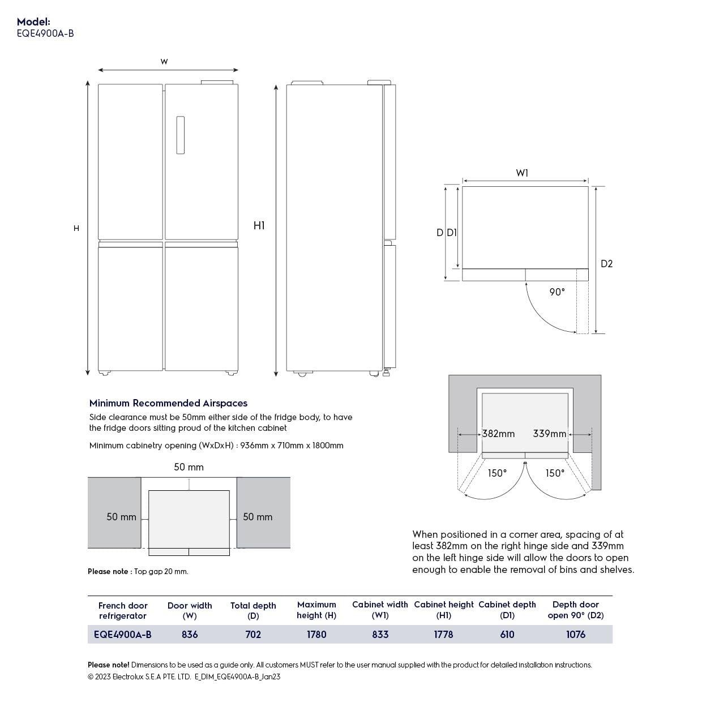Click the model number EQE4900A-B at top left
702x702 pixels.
(x=45, y=33)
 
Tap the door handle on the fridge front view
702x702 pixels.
(x=180, y=135)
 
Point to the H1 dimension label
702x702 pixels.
(x=259, y=225)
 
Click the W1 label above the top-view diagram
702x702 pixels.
(x=522, y=173)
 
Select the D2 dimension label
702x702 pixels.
(x=606, y=264)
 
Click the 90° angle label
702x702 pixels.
(x=557, y=292)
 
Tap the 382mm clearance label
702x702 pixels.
(x=498, y=434)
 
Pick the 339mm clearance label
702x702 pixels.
(x=549, y=434)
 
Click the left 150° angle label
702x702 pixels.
(x=497, y=473)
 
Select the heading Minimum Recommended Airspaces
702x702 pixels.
(x=168, y=403)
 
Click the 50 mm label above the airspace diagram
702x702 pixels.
(x=189, y=467)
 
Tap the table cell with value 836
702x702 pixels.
(x=190, y=635)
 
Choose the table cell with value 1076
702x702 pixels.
(x=576, y=635)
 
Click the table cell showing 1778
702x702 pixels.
(x=443, y=635)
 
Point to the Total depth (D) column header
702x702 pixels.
(x=253, y=610)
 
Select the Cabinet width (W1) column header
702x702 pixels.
(x=380, y=610)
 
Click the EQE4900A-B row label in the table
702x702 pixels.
(x=123, y=635)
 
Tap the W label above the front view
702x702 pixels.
(x=164, y=62)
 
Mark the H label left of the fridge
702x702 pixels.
(x=76, y=228)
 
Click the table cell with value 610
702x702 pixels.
(x=507, y=635)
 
